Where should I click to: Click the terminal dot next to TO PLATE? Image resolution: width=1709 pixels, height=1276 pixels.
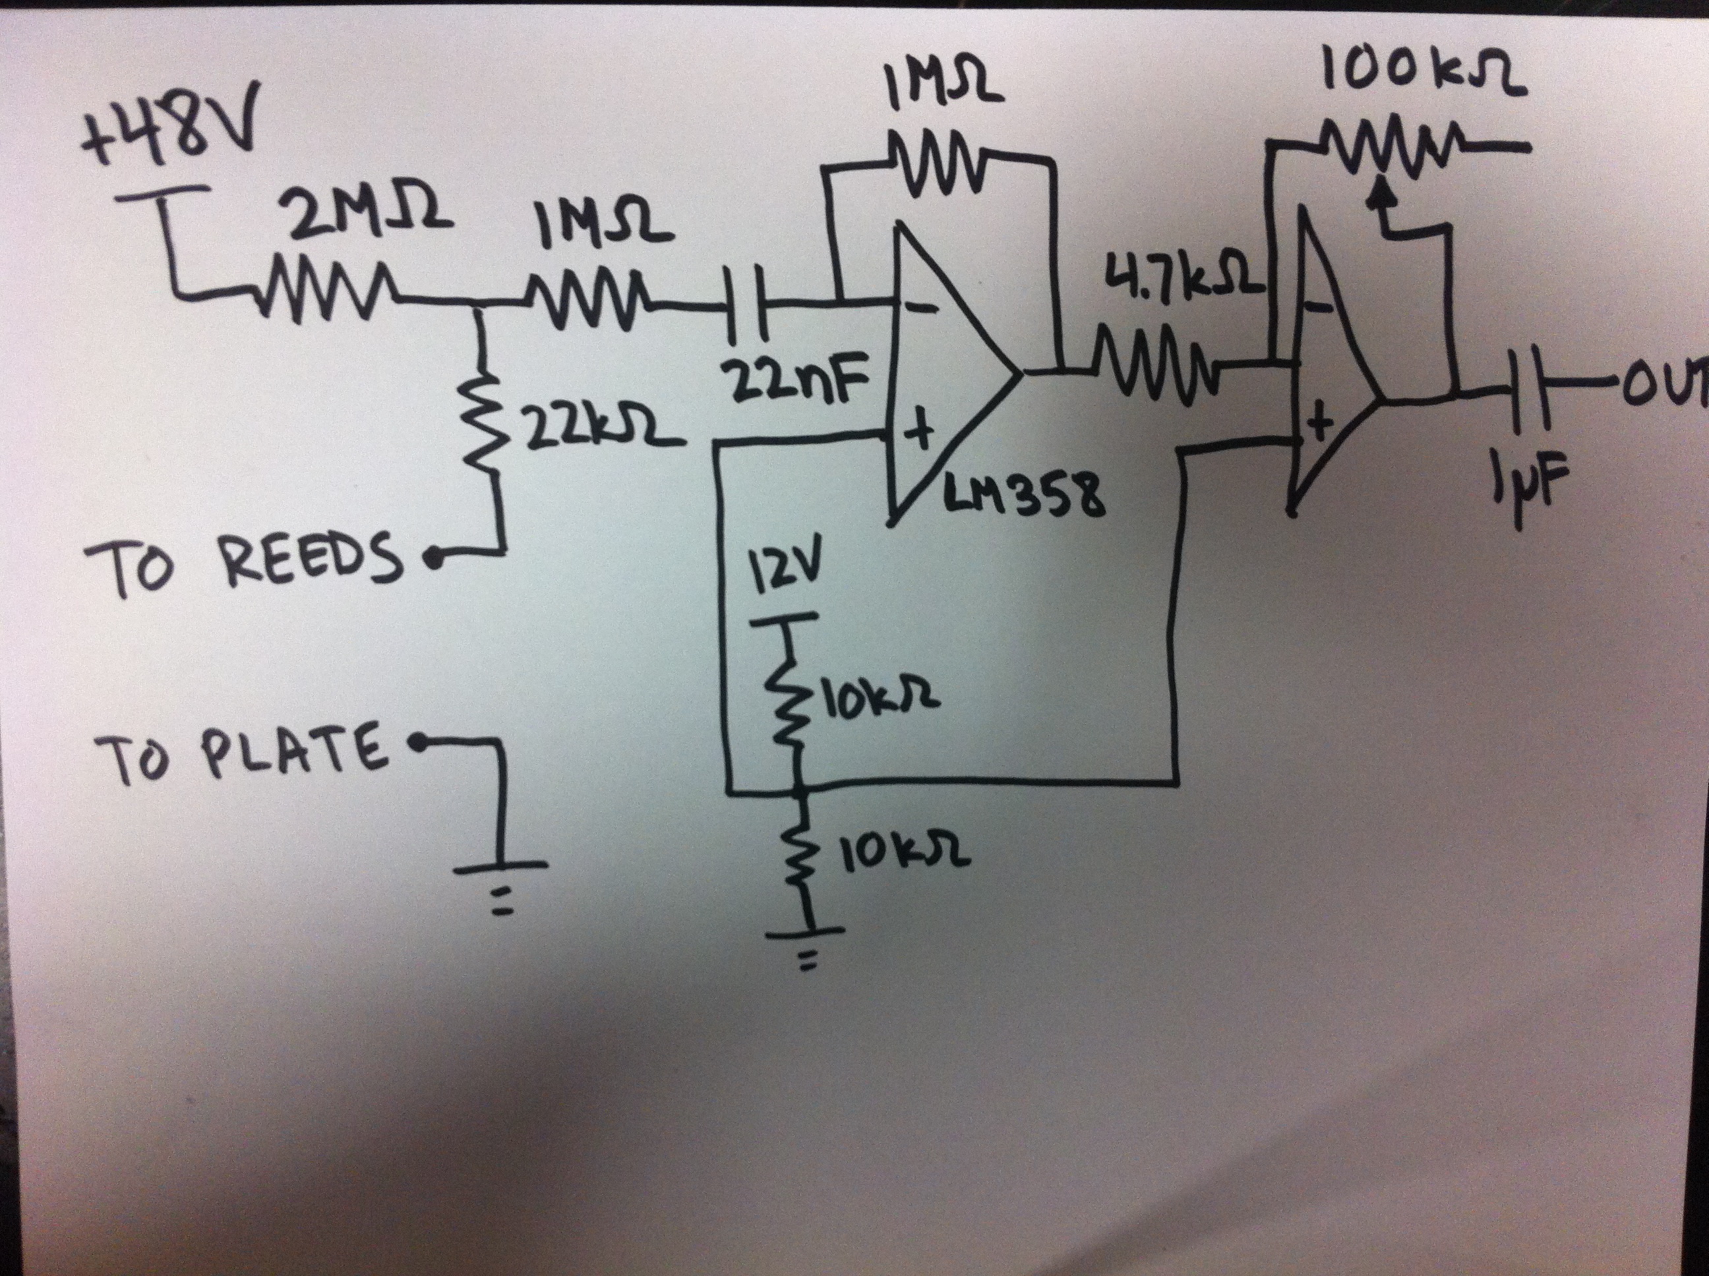click(x=417, y=742)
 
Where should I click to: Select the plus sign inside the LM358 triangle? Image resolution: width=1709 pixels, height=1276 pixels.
click(x=919, y=433)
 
